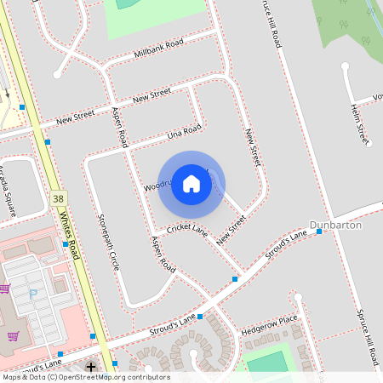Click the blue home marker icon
[191, 183]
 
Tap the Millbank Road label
[159, 49]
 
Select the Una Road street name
[184, 132]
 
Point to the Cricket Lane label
[187, 230]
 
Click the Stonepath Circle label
[108, 243]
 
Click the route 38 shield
[57, 197]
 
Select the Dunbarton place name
[335, 225]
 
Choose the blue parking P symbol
[34, 294]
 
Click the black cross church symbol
[91, 367]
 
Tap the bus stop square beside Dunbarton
[319, 232]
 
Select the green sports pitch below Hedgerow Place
[269, 363]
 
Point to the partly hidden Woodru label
[157, 184]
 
